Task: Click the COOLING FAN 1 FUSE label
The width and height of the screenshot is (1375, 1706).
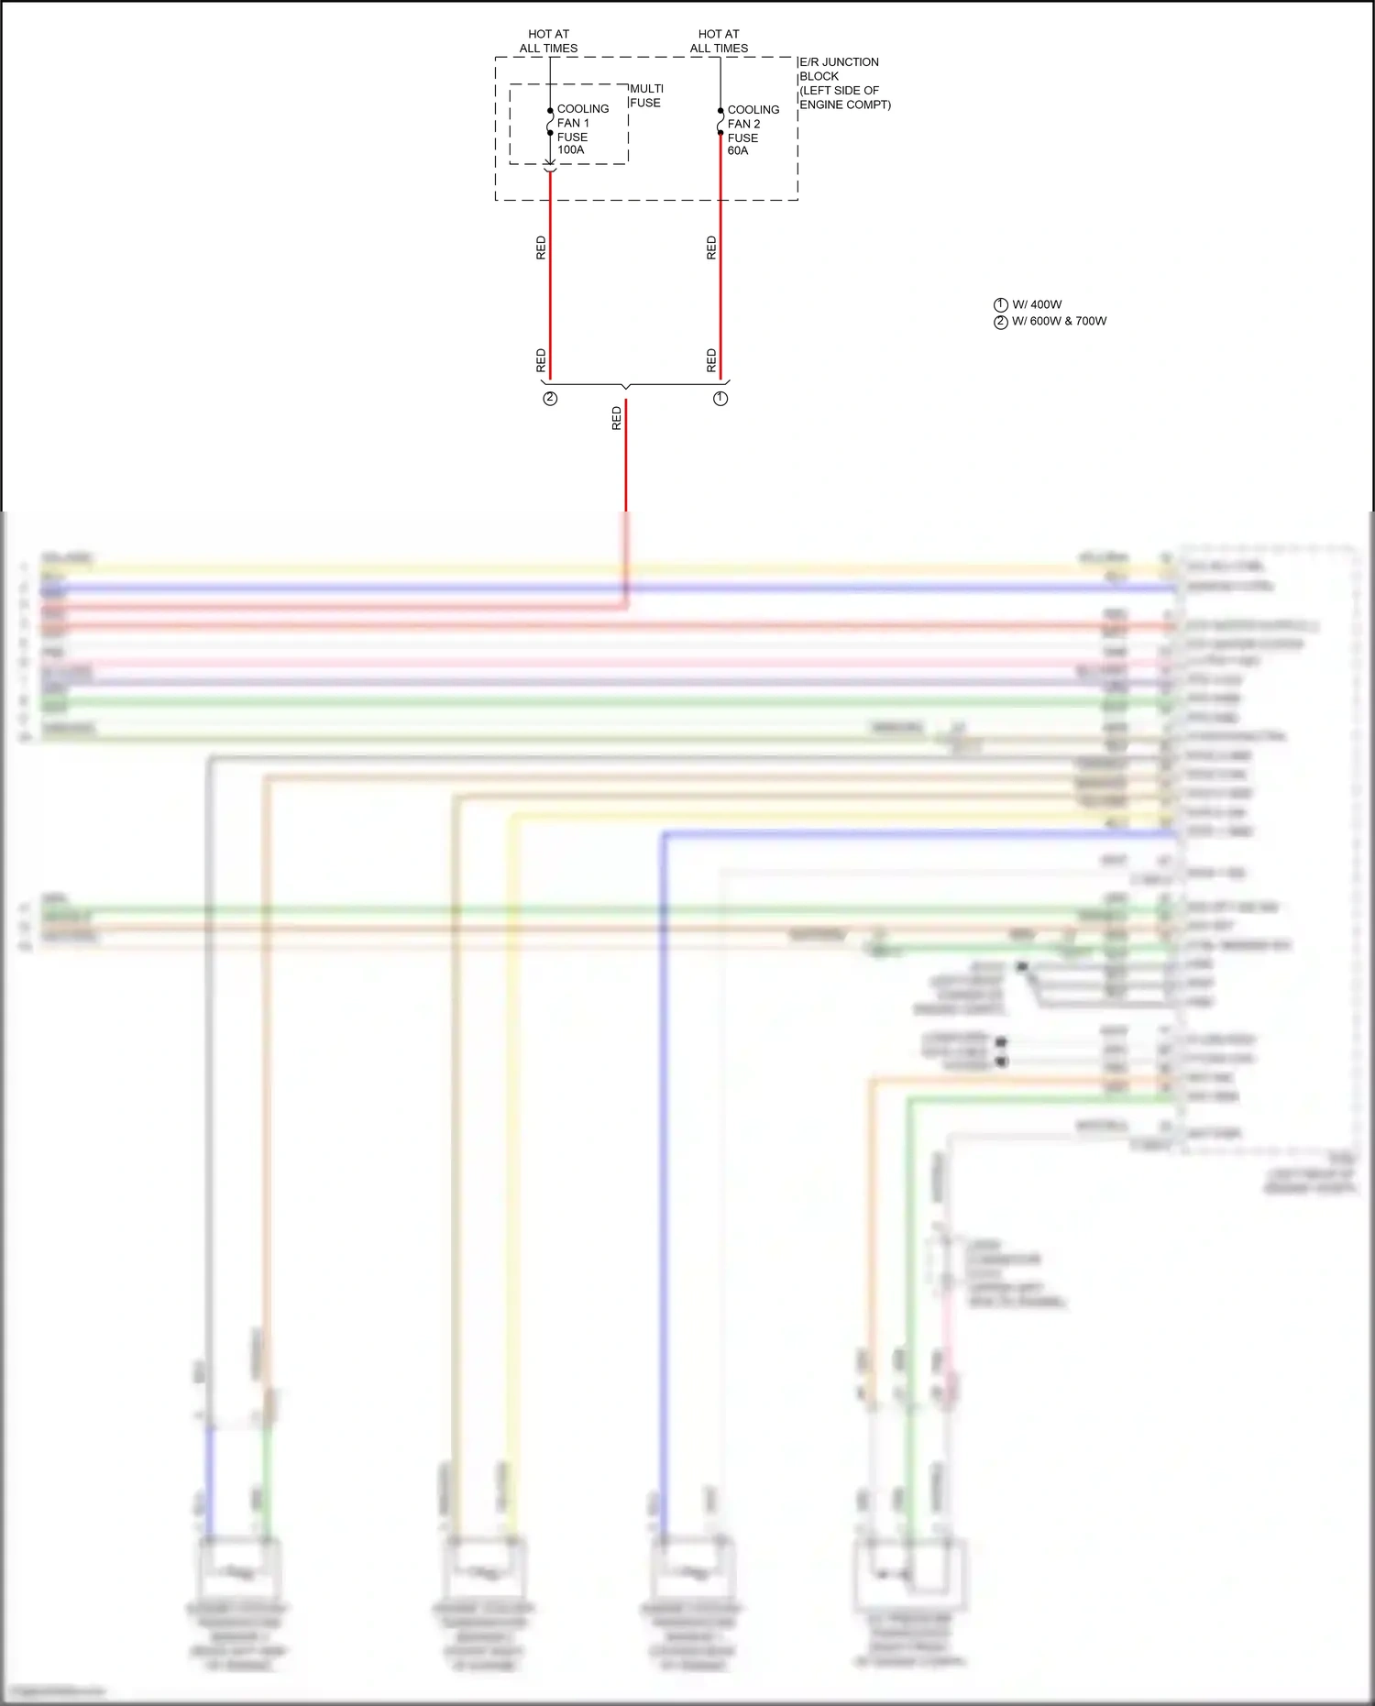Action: [x=581, y=123]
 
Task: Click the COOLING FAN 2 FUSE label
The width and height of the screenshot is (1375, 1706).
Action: [x=752, y=124]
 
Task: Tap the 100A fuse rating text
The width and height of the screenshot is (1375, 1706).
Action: [x=570, y=150]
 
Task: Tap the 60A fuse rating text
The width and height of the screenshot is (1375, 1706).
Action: [x=738, y=151]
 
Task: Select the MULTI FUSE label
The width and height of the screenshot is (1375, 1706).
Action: [x=646, y=95]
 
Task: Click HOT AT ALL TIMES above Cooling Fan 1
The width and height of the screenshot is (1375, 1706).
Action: [x=548, y=41]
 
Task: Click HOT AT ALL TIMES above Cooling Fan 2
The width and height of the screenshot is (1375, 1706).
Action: [x=719, y=41]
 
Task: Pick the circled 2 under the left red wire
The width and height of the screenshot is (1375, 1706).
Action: [x=550, y=399]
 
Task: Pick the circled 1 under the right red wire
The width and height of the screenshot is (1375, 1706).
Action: [x=720, y=399]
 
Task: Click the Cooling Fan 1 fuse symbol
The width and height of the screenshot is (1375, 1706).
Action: [x=550, y=122]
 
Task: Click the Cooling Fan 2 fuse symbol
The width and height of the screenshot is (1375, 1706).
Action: [x=720, y=122]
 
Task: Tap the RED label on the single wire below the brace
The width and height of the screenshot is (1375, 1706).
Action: [x=616, y=419]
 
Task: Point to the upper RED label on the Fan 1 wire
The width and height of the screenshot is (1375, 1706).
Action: [x=541, y=248]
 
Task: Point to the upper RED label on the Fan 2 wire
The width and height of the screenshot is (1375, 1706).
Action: [x=711, y=248]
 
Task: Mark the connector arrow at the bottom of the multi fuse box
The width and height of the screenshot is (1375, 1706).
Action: [x=550, y=166]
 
